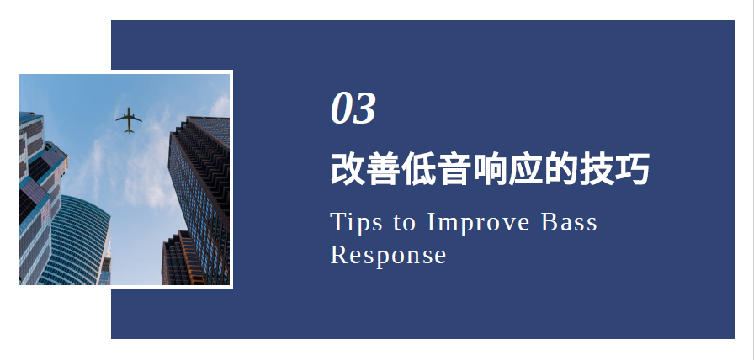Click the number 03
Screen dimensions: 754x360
[353, 109]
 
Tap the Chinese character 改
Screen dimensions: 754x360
[348, 169]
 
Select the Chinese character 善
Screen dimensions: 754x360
[383, 169]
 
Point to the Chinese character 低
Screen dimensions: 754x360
[419, 169]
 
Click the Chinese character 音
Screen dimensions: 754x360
[454, 169]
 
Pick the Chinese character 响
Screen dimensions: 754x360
[490, 169]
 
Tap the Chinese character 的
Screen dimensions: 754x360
[561, 169]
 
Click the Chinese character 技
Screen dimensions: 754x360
[597, 169]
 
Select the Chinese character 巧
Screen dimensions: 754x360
[632, 169]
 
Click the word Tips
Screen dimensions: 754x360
[356, 224]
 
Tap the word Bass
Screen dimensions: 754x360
[569, 222]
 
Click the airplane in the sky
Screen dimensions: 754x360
[129, 120]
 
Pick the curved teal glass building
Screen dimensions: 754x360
[77, 241]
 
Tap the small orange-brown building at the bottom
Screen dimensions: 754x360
[183, 258]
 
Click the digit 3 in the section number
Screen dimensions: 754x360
[364, 109]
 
